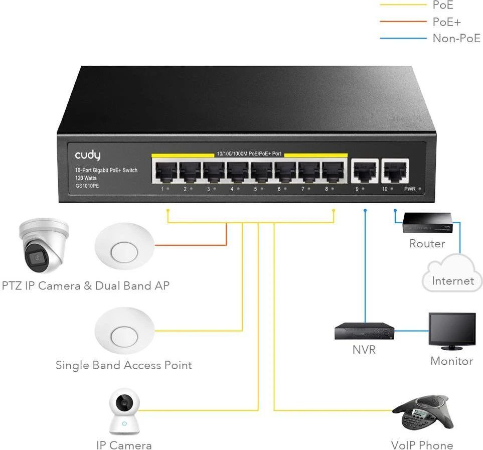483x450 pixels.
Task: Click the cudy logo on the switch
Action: click(x=88, y=156)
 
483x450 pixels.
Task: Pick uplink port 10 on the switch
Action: click(x=394, y=172)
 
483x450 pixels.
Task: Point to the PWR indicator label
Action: click(x=410, y=189)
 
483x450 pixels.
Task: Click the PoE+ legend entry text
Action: click(x=446, y=22)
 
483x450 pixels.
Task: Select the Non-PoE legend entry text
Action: click(x=456, y=38)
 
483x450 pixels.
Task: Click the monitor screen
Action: click(x=452, y=329)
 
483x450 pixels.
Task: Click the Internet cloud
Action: click(x=452, y=274)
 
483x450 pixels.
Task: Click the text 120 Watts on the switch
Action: click(x=86, y=178)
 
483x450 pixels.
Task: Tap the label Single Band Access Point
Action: click(x=123, y=365)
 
